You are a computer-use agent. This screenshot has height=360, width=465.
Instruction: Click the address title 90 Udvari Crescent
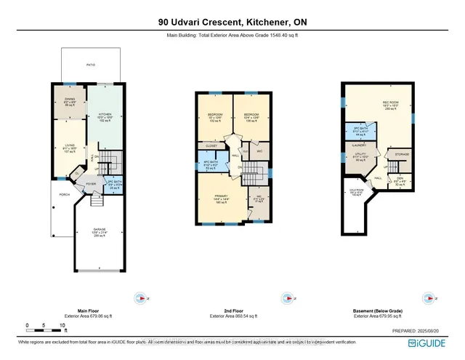[x=232, y=22]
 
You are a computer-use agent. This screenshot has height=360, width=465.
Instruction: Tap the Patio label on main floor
[x=91, y=65]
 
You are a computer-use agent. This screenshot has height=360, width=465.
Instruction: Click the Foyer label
[x=91, y=184]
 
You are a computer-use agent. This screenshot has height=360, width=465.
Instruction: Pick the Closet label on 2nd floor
[x=212, y=145]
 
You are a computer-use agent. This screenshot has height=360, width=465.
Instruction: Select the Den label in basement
[x=398, y=182]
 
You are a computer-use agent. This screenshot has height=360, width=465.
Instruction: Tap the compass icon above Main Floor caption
[x=142, y=297]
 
